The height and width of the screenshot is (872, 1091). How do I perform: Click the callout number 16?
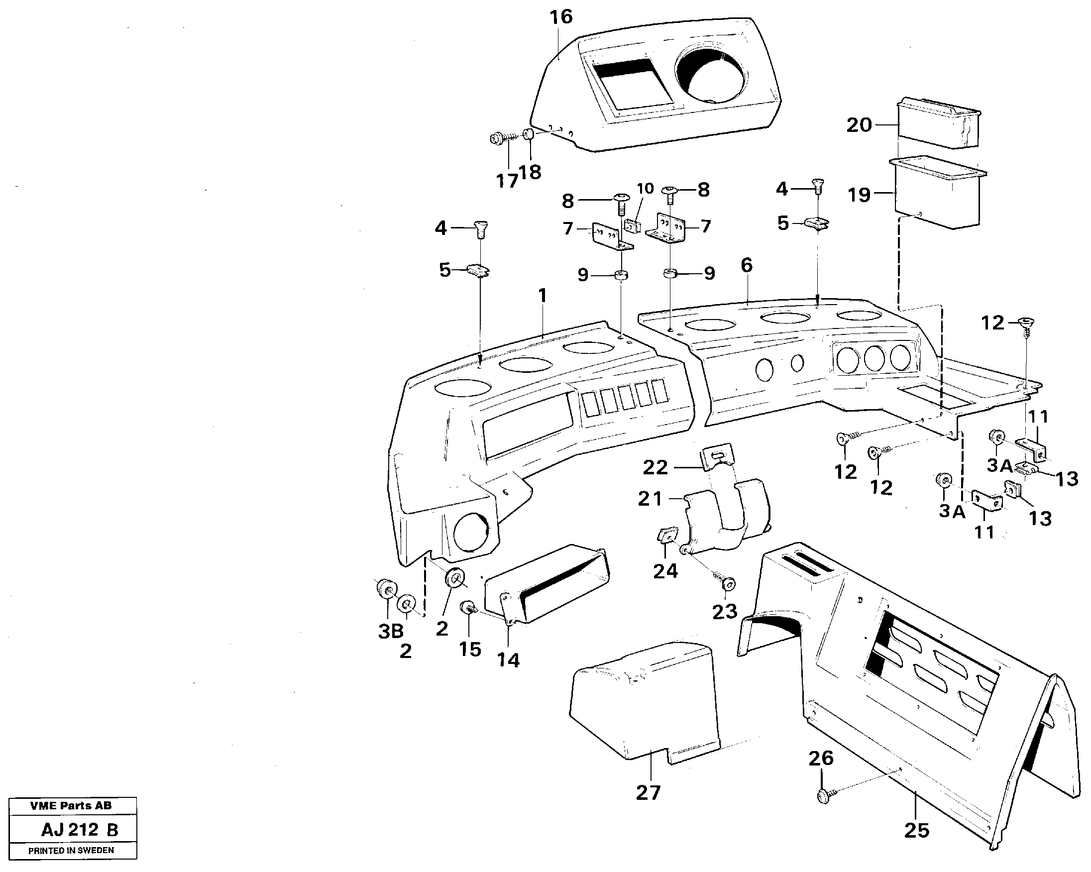561,17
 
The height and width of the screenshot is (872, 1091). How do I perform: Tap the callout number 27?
648,792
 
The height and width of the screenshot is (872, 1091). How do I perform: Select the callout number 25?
916,831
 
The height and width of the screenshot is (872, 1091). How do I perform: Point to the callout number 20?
859,125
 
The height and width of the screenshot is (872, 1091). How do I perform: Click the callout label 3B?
391,631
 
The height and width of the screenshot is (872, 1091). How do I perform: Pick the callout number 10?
645,189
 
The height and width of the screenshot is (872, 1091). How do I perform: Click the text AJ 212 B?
80,830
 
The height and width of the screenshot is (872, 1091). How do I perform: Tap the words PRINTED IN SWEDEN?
71,850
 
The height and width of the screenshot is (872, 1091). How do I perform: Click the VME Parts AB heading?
71,806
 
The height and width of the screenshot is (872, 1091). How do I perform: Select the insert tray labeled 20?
939,124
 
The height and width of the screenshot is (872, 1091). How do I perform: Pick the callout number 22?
655,467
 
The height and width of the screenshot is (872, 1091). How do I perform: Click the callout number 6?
747,265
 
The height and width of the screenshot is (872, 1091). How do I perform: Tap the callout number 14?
508,660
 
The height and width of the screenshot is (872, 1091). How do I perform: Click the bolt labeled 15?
466,607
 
